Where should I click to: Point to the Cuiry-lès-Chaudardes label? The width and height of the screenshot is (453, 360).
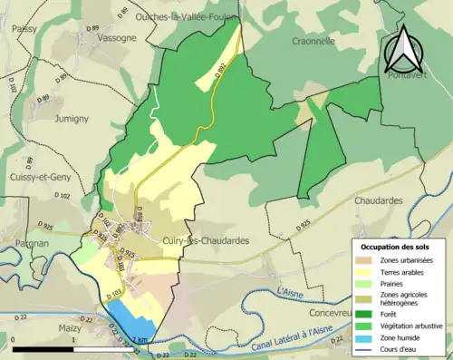click(209, 240)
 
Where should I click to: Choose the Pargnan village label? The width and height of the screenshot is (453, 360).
click(32, 244)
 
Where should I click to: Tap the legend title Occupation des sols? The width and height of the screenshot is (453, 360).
click(394, 247)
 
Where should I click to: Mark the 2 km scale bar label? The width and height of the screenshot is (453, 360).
click(137, 339)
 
